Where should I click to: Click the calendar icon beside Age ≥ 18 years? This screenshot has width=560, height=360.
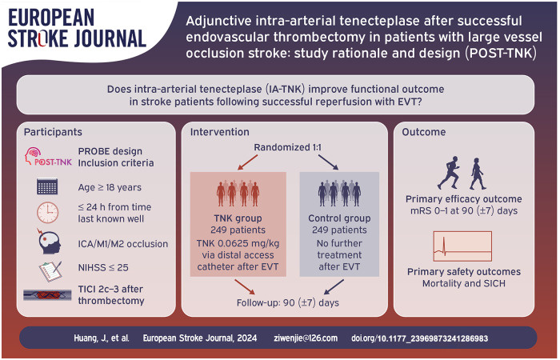[47, 186]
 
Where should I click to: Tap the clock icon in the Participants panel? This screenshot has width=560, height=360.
[47, 213]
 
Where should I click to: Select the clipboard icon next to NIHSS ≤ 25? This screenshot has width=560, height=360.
[50, 271]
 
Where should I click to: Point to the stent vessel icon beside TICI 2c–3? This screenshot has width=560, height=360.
[47, 295]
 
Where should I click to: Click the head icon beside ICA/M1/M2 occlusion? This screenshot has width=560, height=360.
[49, 242]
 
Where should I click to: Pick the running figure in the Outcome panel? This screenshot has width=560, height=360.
[449, 173]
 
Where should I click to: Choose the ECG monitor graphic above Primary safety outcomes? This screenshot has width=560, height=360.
[462, 246]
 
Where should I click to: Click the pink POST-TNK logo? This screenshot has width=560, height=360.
[48, 157]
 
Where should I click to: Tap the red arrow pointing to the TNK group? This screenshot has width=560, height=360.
[247, 162]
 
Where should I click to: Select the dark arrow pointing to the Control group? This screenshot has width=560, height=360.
[328, 162]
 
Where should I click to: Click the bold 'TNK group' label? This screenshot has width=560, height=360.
[238, 218]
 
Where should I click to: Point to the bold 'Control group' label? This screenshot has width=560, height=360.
[339, 218]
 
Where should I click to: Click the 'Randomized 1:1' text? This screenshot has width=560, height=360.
[287, 147]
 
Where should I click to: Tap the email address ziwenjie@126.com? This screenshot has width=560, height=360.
[306, 338]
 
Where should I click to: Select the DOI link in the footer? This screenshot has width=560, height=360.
[420, 338]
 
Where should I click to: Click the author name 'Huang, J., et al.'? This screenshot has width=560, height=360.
[102, 338]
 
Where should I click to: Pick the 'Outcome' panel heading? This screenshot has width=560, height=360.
[423, 132]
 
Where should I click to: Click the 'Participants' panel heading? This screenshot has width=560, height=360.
[53, 132]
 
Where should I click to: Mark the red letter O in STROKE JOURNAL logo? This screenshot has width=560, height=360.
[42, 38]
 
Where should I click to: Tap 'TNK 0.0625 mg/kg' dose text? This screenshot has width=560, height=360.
[238, 243]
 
